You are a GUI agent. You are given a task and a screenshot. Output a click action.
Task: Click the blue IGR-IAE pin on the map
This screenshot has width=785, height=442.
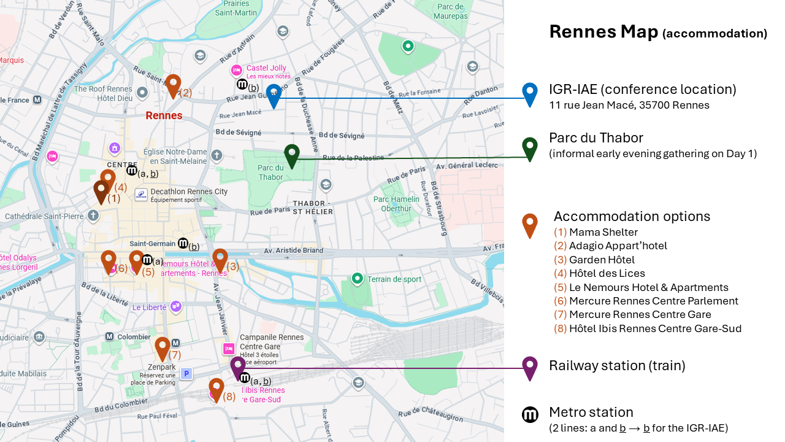pos(274,95)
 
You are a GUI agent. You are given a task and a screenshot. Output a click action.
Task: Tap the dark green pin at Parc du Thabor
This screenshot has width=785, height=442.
pos(292,154)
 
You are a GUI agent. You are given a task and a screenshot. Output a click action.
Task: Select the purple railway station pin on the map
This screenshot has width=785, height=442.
pos(238,366)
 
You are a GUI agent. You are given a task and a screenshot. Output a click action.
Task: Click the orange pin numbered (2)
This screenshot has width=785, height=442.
pos(174,85)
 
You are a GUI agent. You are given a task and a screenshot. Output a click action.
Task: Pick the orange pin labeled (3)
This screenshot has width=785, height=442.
pos(220,259)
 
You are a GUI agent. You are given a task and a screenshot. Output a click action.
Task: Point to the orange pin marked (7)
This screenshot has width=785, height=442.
pos(162,347)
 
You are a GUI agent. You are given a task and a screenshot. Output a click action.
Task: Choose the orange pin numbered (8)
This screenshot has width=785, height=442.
pos(216,389)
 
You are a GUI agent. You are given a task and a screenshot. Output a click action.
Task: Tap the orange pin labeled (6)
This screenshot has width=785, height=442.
pos(109,261)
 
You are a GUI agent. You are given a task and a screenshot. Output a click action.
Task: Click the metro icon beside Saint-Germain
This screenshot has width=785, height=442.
pos(183,243)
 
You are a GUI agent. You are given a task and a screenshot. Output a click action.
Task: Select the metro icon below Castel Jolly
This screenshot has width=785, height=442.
pos(242,85)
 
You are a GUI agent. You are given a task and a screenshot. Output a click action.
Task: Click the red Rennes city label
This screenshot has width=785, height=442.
pos(164,115)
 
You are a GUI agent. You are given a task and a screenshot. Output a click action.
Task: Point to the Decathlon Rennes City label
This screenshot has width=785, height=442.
pos(189,192)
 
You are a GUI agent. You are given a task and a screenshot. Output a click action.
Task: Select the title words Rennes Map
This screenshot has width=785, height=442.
pos(603,32)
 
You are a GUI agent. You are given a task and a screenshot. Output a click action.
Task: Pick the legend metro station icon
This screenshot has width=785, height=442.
pos(530,415)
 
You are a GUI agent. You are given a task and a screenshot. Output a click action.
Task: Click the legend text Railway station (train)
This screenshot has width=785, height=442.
pos(616,365)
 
